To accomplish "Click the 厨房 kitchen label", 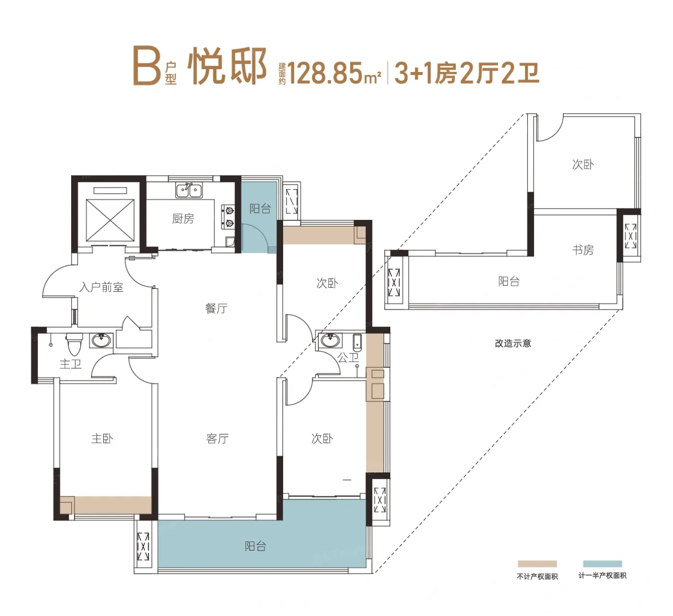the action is pos(183,219).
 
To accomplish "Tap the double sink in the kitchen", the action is pos(189,190).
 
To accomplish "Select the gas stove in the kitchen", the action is pos(228,217).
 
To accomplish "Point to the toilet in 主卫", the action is pos(74,344).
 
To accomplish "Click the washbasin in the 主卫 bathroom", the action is pos(101,340).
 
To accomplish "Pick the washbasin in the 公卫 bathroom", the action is pos(330,340).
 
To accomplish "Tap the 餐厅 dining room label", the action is pos(216,308).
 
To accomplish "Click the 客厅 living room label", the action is pos(217,438).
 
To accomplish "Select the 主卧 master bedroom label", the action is pos(102,438).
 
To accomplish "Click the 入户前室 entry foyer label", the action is pos(101,287).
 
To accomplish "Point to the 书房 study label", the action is pos(583,250).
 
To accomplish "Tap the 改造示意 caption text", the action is pos(513,343).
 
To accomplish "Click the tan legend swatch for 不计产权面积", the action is pos(537,564).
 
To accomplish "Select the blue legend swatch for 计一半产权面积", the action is pos(602,564).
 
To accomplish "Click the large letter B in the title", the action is pos(147,66).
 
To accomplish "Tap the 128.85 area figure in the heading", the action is pos(325,73).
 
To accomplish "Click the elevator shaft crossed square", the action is pos(110,220).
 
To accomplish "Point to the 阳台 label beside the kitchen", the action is pos(260,208).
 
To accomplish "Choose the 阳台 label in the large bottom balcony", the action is pos(255,546).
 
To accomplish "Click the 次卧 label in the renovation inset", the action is pos(583,164).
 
